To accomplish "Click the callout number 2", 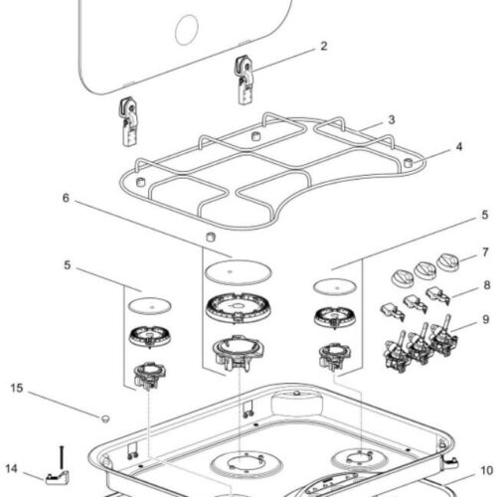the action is pyautogui.click(x=324, y=46).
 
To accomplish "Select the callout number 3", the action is pyautogui.click(x=392, y=119).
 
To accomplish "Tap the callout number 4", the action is pyautogui.click(x=459, y=146).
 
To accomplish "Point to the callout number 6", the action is pyautogui.click(x=66, y=198).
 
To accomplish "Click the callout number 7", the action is pyautogui.click(x=485, y=252).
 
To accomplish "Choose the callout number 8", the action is pyautogui.click(x=487, y=284).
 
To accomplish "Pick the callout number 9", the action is pyautogui.click(x=485, y=319).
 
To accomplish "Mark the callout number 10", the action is pyautogui.click(x=487, y=470).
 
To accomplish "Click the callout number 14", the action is pyautogui.click(x=11, y=468).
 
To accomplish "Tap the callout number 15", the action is pyautogui.click(x=17, y=388).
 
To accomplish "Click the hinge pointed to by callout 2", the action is pyautogui.click(x=246, y=80).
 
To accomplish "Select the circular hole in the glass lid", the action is pyautogui.click(x=187, y=30).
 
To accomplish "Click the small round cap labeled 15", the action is pyautogui.click(x=105, y=418).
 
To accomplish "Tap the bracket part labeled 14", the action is pyautogui.click(x=57, y=477).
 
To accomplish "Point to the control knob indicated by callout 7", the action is pyautogui.click(x=448, y=262).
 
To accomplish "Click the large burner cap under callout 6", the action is pyautogui.click(x=238, y=272).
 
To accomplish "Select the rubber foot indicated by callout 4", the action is pyautogui.click(x=409, y=162).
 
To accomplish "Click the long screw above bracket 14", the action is pyautogui.click(x=62, y=457).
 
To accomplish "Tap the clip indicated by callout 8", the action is pyautogui.click(x=437, y=294).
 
